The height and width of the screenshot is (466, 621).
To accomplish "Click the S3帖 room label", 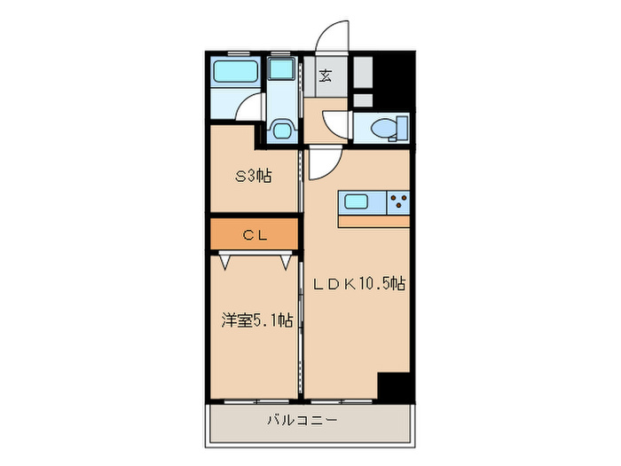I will [253, 176].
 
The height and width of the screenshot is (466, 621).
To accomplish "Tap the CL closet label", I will [254, 235].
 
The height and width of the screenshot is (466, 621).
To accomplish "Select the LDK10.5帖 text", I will [358, 284].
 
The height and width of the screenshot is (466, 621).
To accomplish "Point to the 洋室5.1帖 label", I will [256, 320].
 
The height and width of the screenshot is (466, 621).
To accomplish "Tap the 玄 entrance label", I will [326, 75].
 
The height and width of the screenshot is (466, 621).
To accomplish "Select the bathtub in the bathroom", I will [235, 73].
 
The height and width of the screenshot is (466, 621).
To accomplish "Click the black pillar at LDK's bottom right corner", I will [395, 387].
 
